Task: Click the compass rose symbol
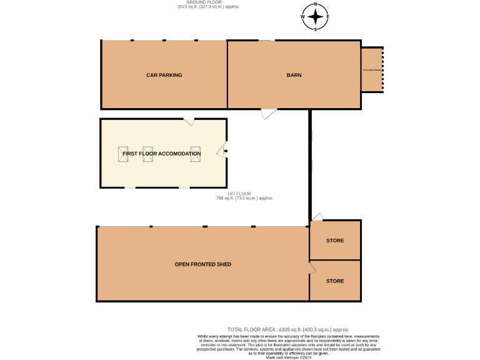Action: click(x=316, y=17)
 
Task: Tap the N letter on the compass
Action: click(x=316, y=4)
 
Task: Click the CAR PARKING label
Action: click(x=164, y=75)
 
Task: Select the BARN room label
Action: click(x=294, y=75)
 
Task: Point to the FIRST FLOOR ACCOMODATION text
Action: click(x=162, y=153)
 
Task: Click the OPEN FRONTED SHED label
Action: click(x=203, y=264)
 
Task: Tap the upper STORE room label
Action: click(x=335, y=241)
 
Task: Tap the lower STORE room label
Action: click(x=335, y=281)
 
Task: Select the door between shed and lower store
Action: click(x=312, y=267)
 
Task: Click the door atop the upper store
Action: click(x=317, y=217)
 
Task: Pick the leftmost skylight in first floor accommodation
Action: click(x=123, y=154)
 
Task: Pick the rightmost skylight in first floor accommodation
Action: click(x=196, y=154)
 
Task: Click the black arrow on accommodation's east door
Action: click(x=225, y=151)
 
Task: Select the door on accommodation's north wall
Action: click(x=189, y=121)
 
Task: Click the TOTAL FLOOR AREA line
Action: click(x=288, y=329)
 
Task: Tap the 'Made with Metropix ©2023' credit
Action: click(x=288, y=357)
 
